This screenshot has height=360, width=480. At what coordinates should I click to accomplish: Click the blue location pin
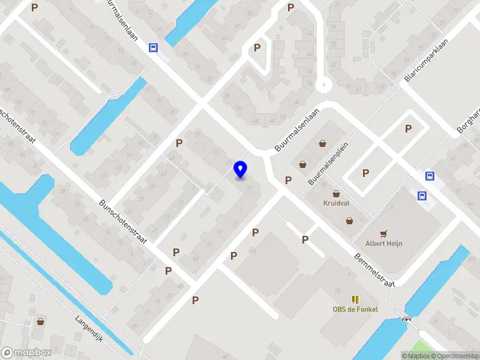[x=241, y=170]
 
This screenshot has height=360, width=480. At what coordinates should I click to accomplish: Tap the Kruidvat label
[x=336, y=203]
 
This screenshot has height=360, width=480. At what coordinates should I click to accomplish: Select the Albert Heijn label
[x=384, y=243]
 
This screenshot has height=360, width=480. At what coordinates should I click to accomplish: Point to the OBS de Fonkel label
[x=355, y=309]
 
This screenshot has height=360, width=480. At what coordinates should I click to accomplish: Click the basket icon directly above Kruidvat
[x=336, y=193]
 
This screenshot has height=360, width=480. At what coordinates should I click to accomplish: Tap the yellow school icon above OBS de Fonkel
[x=355, y=299]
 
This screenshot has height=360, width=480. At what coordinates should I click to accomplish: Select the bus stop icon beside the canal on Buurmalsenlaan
[x=154, y=49]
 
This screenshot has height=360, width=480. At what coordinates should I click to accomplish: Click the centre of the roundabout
[x=324, y=85]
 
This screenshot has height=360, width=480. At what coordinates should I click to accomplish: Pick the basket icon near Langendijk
[x=40, y=322]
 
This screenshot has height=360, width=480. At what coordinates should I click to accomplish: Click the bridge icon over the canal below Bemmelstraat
[x=407, y=318]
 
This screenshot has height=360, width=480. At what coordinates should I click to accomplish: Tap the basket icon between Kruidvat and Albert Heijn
[x=350, y=221]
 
